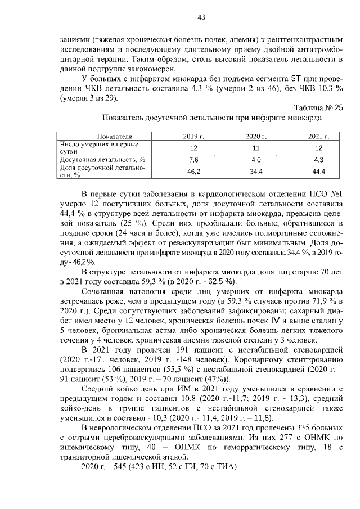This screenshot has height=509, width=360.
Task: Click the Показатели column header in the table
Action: click(x=115, y=137)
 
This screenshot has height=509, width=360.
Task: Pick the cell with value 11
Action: click(x=255, y=147)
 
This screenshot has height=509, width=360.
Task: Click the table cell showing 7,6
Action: click(x=193, y=159)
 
